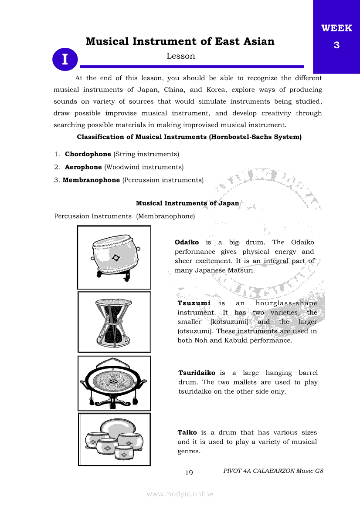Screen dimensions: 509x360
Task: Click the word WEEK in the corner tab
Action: (336, 29)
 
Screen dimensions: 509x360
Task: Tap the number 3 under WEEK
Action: (336, 45)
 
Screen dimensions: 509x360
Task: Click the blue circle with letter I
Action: (65, 59)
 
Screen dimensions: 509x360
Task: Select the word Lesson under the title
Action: (180, 56)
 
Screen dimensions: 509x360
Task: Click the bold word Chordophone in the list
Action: (88, 154)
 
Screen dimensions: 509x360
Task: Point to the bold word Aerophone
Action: (83, 167)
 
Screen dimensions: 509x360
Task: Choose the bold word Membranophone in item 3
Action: (91, 180)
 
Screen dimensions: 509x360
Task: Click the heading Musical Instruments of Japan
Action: (187, 203)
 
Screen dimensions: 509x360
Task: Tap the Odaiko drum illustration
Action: (114, 257)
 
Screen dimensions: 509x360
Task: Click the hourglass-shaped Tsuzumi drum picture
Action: (114, 322)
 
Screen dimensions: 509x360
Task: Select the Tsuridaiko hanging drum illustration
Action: (114, 383)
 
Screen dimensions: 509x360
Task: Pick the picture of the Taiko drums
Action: (114, 439)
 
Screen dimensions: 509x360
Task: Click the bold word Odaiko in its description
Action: (187, 242)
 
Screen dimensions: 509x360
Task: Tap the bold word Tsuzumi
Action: (194, 303)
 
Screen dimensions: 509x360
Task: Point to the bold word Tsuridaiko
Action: (197, 373)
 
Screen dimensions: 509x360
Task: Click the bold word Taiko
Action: (187, 432)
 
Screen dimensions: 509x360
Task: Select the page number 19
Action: (189, 473)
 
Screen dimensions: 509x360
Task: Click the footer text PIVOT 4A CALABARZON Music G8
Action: (273, 471)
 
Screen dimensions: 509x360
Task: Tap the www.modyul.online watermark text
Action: (180, 494)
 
